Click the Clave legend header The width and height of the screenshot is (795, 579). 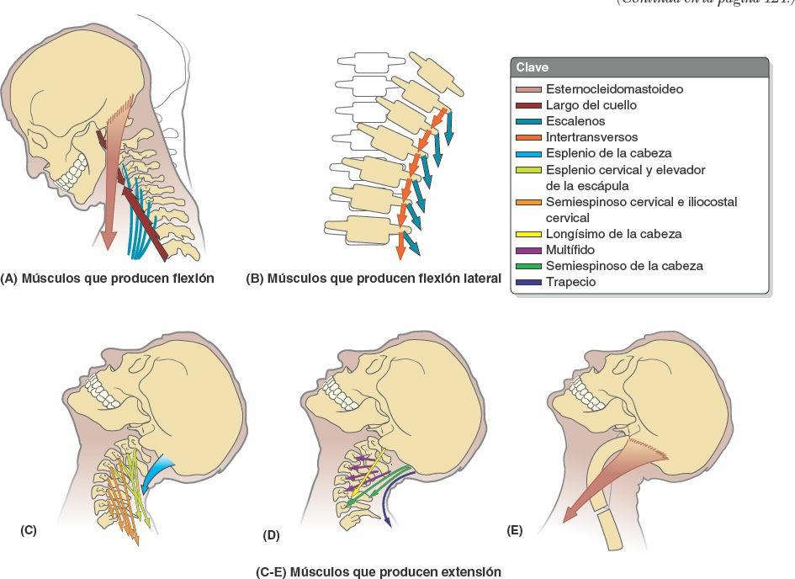[x=533, y=67]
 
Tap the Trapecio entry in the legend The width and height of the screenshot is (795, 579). [x=570, y=282]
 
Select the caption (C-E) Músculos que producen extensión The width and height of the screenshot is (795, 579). [x=379, y=572]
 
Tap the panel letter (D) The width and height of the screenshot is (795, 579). [x=271, y=534]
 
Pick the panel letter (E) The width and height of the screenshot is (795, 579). [x=515, y=531]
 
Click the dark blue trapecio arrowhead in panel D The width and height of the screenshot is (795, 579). [x=387, y=522]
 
